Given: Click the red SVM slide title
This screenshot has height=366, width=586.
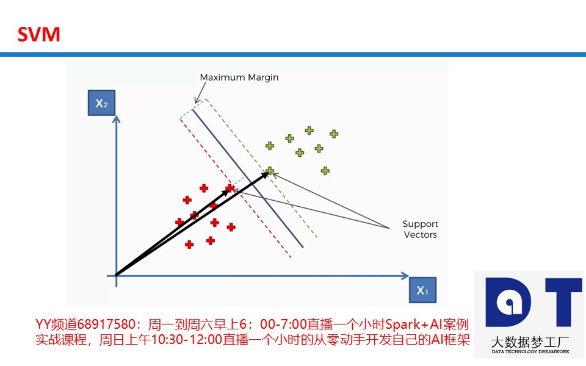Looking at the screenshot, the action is pyautogui.click(x=38, y=34).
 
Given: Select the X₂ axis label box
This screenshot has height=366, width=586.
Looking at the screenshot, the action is pyautogui.click(x=101, y=102).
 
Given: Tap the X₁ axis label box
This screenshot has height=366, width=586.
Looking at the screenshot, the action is pyautogui.click(x=422, y=290).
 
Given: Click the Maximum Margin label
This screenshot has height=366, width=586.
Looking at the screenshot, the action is pyautogui.click(x=239, y=77).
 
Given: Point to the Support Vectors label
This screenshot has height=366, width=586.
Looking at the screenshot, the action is pyautogui.click(x=420, y=229).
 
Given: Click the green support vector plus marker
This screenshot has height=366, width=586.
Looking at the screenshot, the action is pyautogui.click(x=269, y=171).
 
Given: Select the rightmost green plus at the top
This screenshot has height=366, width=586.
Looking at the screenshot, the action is pyautogui.click(x=334, y=134).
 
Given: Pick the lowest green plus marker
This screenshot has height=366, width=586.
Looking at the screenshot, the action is pyautogui.click(x=325, y=171).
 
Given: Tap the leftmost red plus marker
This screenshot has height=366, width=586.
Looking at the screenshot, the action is pyautogui.click(x=179, y=222).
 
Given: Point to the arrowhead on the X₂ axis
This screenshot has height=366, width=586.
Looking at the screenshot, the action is pyautogui.click(x=116, y=119).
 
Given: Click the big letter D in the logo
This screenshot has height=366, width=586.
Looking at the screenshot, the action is pyautogui.click(x=508, y=302).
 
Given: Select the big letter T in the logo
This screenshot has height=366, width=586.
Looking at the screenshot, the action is pyautogui.click(x=563, y=303).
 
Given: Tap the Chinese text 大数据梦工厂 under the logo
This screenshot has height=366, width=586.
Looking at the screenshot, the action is pyautogui.click(x=530, y=342).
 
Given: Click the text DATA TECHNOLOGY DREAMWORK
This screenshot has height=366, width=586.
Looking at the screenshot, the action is pyautogui.click(x=530, y=351).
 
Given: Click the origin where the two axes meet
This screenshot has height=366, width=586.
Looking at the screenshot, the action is pyautogui.click(x=116, y=276).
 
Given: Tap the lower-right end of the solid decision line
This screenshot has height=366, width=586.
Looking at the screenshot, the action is pyautogui.click(x=303, y=247).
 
